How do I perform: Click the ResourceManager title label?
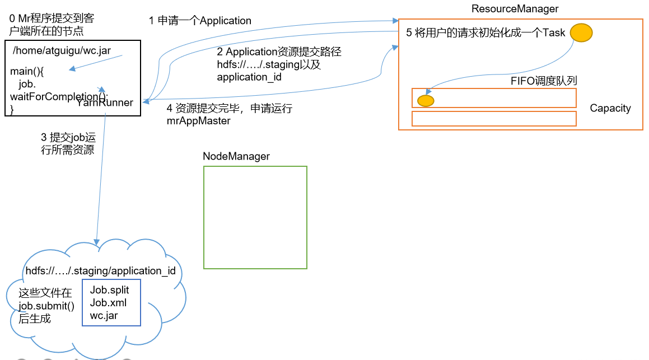[515, 9]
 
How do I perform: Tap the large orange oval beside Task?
[581, 32]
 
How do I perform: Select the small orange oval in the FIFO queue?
[426, 101]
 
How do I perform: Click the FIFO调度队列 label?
[543, 81]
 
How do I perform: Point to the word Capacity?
[610, 109]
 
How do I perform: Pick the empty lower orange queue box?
[494, 119]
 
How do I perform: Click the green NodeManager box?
[255, 217]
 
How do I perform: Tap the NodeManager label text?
[236, 157]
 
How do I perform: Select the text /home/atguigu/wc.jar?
[62, 51]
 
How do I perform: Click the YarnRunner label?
[105, 102]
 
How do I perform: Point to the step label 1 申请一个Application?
[200, 21]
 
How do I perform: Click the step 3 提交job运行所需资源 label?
[64, 143]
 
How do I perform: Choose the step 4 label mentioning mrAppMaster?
[230, 114]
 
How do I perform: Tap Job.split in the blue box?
[109, 290]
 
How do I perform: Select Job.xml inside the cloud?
[108, 303]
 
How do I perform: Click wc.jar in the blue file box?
[104, 316]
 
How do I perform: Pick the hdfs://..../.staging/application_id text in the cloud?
[101, 271]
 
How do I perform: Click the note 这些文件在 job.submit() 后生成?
[46, 306]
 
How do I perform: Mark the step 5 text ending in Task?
[485, 32]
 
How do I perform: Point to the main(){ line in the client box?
[26, 72]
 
